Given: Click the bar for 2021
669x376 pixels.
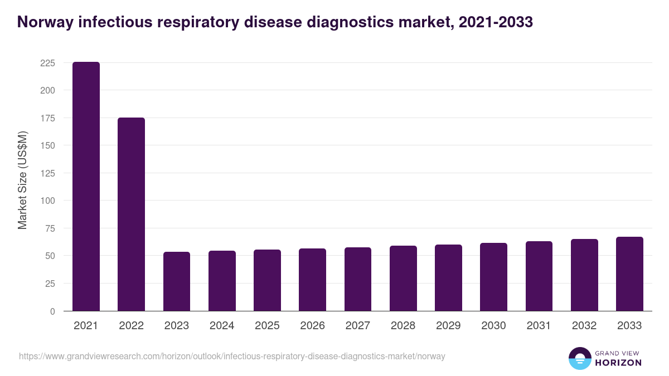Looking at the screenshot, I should [86, 186].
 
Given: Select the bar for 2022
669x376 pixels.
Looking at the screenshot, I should [131, 214].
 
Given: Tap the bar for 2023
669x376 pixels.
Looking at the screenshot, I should [177, 281].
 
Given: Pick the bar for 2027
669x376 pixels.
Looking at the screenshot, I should [358, 279].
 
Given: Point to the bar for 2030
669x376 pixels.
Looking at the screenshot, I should [493, 277].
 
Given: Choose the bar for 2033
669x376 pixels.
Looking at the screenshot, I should [629, 274].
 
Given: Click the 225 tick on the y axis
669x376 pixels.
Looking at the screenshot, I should [47, 63].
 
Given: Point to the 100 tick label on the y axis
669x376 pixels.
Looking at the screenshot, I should [47, 201].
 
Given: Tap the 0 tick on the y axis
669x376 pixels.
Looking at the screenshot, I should [52, 311].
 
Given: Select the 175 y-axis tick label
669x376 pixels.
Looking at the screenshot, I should [47, 118].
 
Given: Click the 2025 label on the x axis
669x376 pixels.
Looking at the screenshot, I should [267, 326].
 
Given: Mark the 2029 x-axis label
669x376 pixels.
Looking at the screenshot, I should [448, 326].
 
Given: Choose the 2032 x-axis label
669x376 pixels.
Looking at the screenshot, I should [584, 326].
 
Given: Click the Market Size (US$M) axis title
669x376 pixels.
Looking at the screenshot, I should [22, 179].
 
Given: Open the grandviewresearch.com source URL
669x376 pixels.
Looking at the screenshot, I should [232, 357].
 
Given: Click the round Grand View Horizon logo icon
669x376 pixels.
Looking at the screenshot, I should [579, 358].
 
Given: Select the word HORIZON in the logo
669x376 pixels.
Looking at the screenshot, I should [618, 363].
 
